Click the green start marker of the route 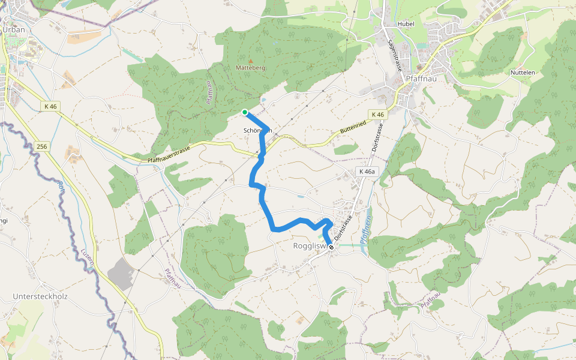click(x=245, y=112)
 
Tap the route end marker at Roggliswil click(x=331, y=247)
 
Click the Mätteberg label click(x=251, y=68)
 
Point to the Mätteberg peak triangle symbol click(x=251, y=61)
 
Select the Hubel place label click(x=406, y=24)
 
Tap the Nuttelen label click(x=522, y=73)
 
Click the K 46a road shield click(x=367, y=172)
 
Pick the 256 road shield click(x=41, y=146)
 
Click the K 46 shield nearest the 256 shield click(x=51, y=106)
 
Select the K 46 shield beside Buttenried click(x=377, y=114)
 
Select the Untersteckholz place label click(x=39, y=297)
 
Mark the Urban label click(x=14, y=29)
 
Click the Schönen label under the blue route click(x=258, y=130)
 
